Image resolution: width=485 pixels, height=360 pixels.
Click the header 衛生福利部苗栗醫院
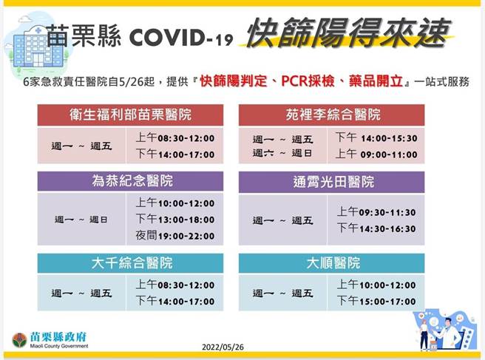[x=130, y=115]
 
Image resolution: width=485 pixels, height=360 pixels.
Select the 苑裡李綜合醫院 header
[x=331, y=115]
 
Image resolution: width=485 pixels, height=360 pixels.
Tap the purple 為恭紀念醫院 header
[x=130, y=182]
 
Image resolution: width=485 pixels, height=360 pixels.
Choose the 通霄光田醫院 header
[x=331, y=182]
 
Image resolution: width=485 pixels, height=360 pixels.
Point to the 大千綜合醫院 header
[x=130, y=263]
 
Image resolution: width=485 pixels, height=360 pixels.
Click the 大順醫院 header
[x=331, y=263]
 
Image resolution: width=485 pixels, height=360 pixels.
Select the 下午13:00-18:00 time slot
[x=174, y=220]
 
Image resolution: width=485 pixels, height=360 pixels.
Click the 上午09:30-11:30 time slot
[x=376, y=212]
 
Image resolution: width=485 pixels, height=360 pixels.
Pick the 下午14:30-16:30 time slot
[x=376, y=228]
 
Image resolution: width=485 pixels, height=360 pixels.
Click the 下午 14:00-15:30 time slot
[x=376, y=137]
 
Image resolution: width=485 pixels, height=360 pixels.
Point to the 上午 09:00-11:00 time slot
[x=376, y=154]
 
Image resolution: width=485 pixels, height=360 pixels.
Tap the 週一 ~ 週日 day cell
[x=81, y=220]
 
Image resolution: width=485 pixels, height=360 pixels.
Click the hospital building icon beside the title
[x=24, y=44]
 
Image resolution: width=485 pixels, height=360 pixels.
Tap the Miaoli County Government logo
[x=20, y=340]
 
